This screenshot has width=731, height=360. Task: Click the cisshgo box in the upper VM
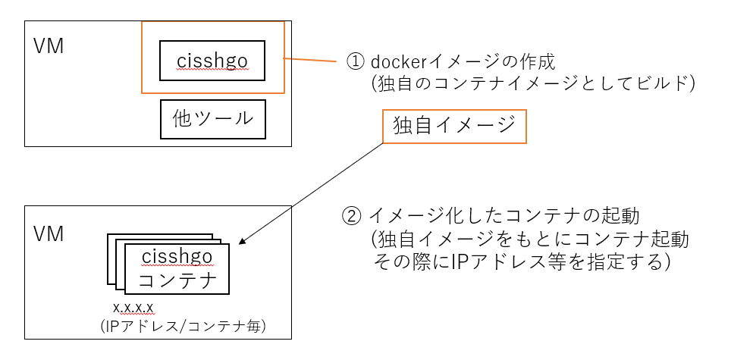(x=212, y=60)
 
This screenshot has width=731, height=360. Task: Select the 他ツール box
(x=212, y=119)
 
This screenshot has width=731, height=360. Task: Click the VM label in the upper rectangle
(x=49, y=45)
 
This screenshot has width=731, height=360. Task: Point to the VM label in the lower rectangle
(x=49, y=234)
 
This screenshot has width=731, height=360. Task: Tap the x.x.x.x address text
(x=133, y=308)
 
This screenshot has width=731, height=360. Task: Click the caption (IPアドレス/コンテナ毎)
(x=185, y=326)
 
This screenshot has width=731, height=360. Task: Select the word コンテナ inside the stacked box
(x=177, y=281)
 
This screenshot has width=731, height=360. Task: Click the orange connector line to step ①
(x=311, y=61)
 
